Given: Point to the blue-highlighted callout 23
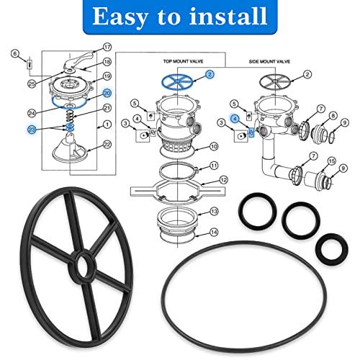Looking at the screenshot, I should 31,129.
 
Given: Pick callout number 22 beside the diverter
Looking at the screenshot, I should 107,145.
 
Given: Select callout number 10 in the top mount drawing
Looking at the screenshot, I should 214,147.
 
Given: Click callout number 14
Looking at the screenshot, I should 214,231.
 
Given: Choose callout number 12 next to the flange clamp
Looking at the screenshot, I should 224,180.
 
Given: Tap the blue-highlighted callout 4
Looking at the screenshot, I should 234,119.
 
